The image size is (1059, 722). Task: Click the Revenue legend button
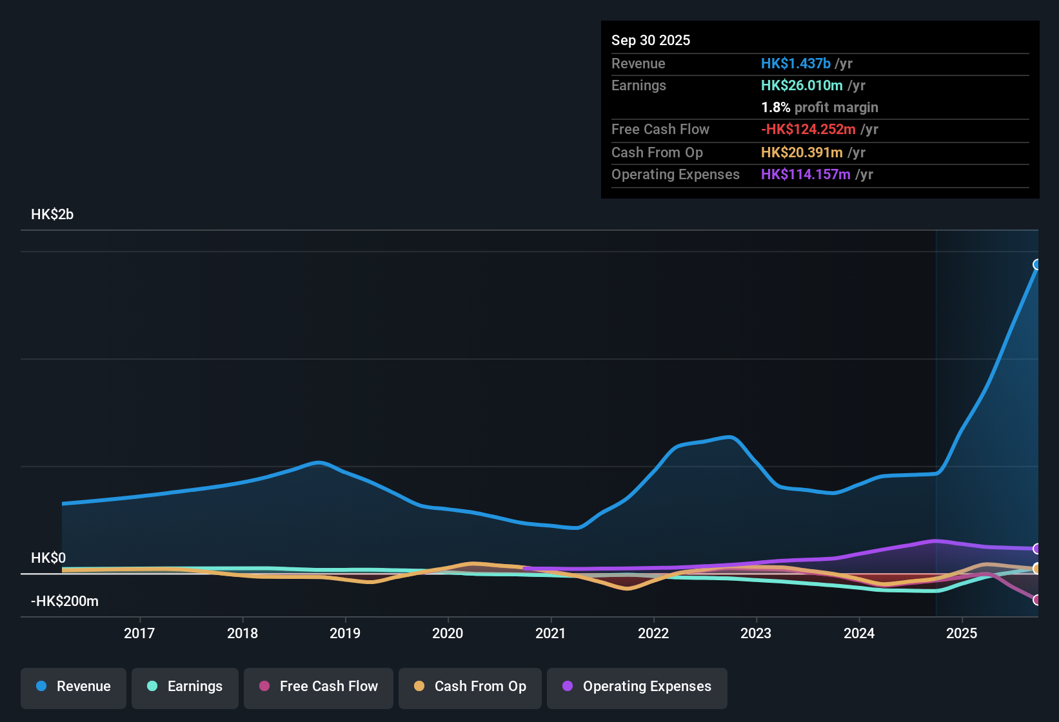[x=74, y=687]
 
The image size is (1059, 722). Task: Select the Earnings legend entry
[x=185, y=687]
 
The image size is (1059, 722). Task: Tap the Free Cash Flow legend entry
[x=319, y=687]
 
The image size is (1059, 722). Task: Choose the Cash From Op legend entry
[x=470, y=687]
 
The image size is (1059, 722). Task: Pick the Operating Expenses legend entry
[x=637, y=687]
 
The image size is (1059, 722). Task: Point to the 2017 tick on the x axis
[x=139, y=633]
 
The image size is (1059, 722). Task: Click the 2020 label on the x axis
[x=448, y=633]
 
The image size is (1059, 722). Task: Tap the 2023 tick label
[x=756, y=633]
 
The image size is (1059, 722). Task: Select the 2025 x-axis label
[x=962, y=633]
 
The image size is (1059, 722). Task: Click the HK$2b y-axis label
[x=52, y=215]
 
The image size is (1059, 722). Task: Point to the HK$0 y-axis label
[x=48, y=558]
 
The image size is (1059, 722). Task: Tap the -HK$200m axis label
[x=64, y=601]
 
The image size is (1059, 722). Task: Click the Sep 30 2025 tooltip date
[x=651, y=40]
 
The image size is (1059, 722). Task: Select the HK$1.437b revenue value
[x=795, y=63]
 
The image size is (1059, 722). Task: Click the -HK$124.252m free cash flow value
[x=808, y=129]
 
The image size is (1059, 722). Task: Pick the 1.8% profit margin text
[x=820, y=107]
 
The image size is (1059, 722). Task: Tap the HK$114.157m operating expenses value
[x=806, y=174]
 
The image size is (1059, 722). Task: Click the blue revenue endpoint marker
[x=1037, y=265]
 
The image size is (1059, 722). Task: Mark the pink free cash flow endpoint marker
[x=1037, y=600]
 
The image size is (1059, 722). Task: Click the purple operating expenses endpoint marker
[x=1037, y=549]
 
